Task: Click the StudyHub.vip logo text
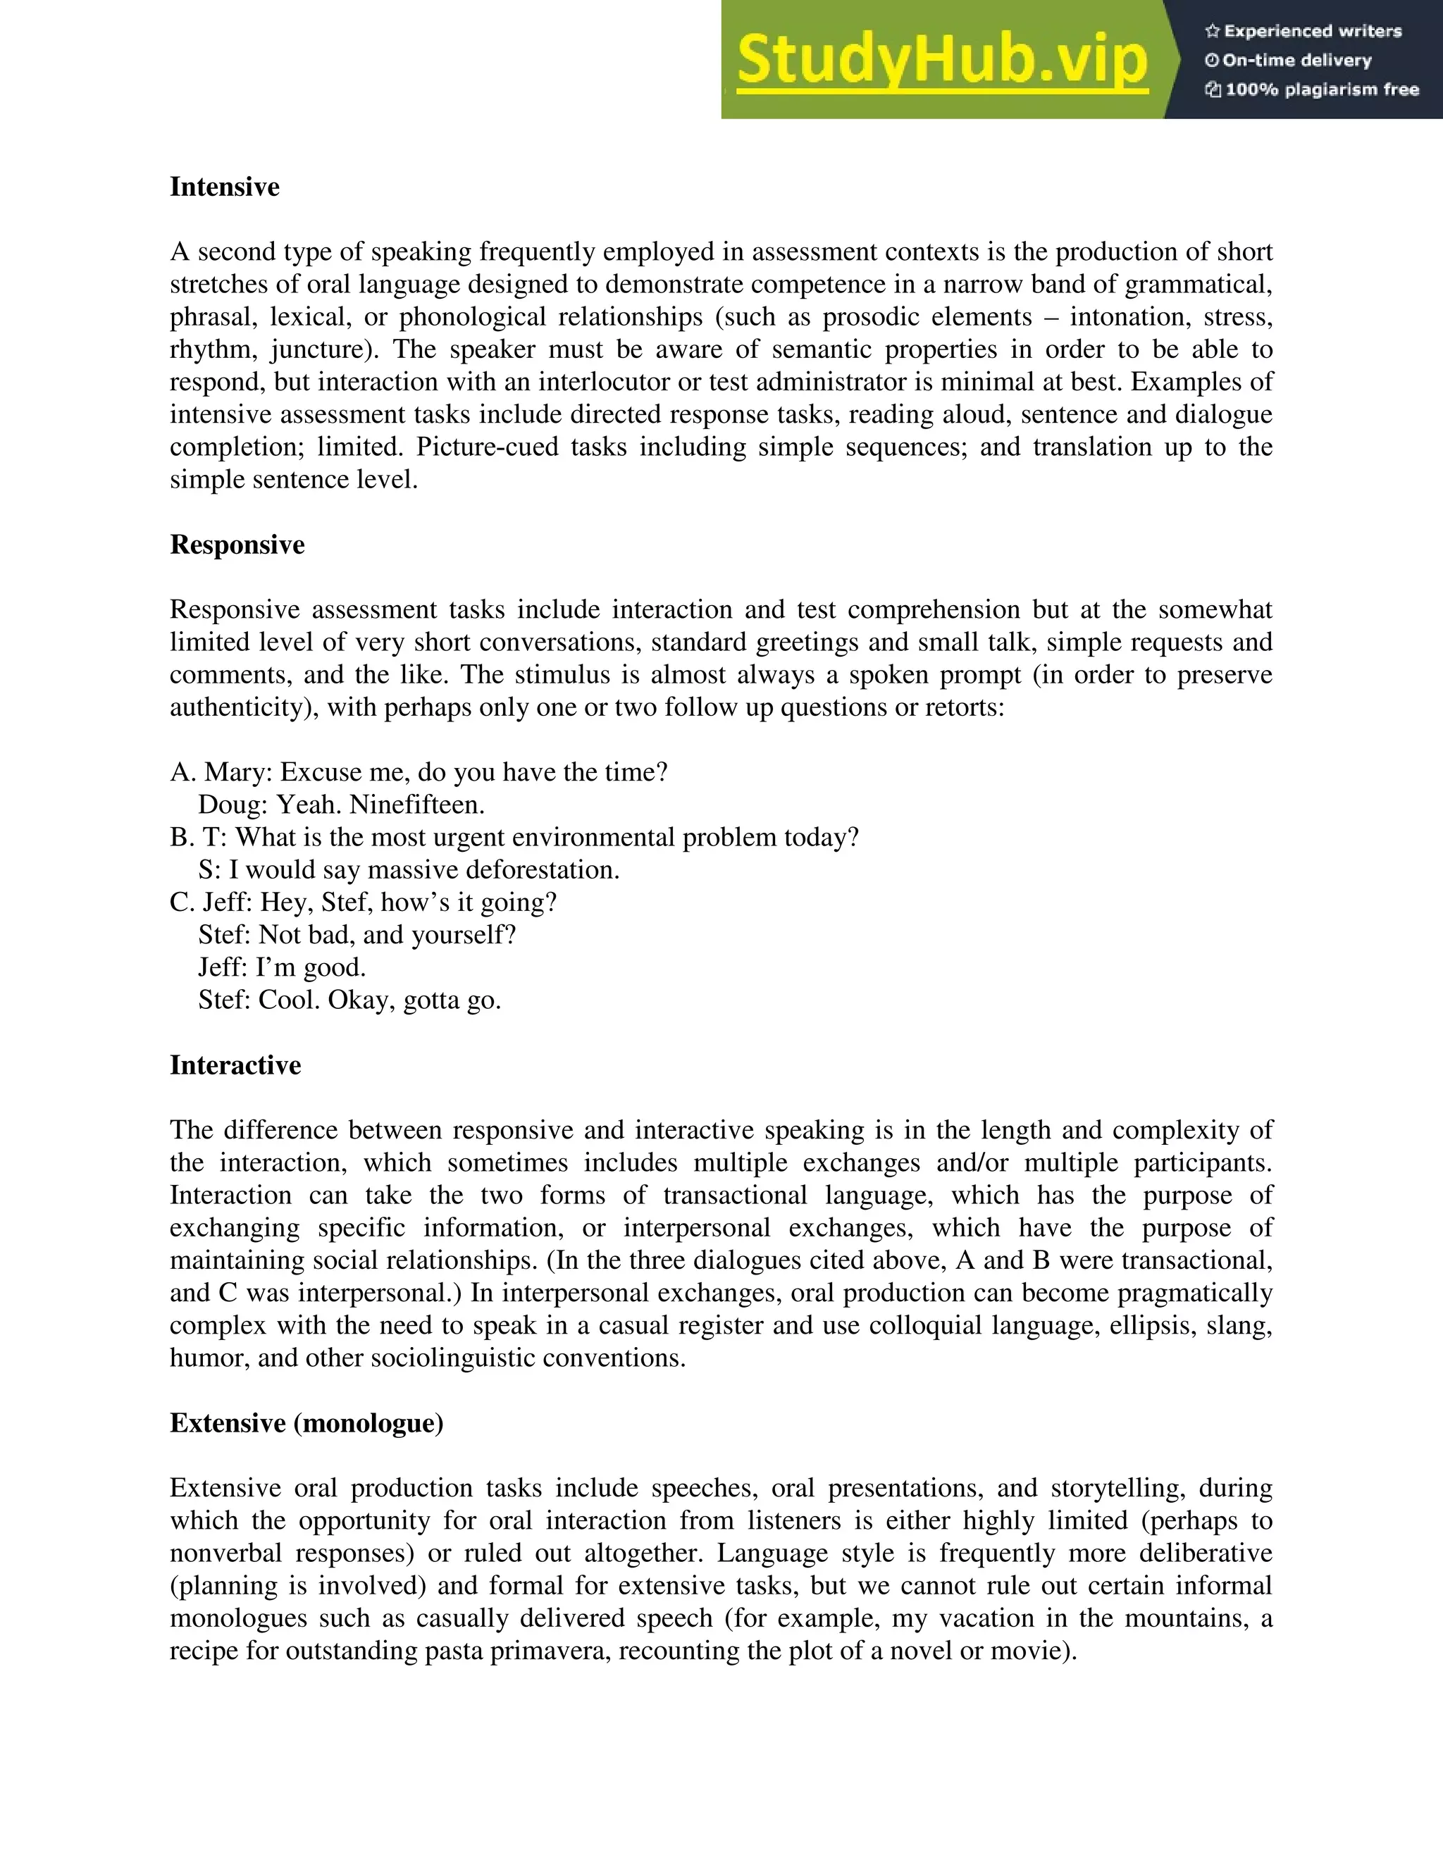click(x=941, y=60)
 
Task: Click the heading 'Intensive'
click(x=224, y=187)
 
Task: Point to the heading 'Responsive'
click(x=237, y=545)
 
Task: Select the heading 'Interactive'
click(x=235, y=1065)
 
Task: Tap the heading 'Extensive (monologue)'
click(x=306, y=1422)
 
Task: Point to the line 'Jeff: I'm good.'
click(x=282, y=967)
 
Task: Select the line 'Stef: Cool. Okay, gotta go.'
click(x=349, y=999)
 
